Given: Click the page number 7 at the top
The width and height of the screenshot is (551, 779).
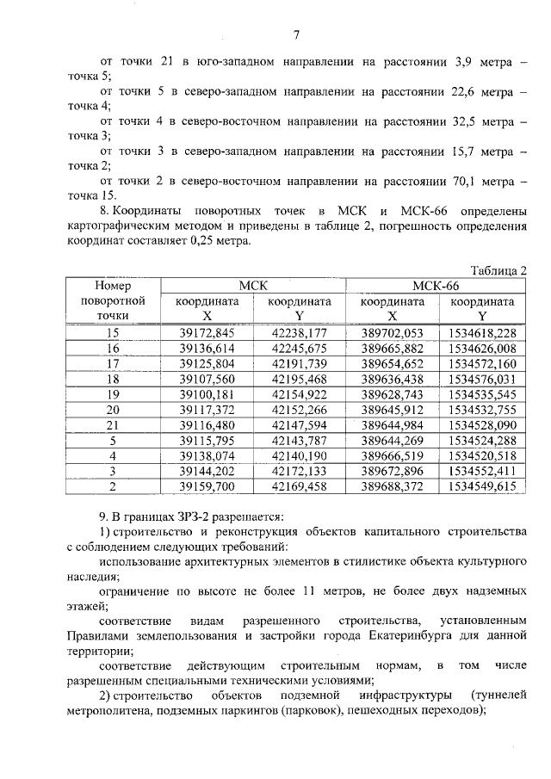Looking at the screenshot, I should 295,35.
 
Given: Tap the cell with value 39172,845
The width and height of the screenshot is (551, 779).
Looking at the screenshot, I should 207,333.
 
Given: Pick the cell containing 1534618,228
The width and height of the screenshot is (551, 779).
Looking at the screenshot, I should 482,333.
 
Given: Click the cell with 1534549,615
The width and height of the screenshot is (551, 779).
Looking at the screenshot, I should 482,485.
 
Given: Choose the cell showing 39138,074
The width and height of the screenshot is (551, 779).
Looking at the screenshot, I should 207,455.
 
